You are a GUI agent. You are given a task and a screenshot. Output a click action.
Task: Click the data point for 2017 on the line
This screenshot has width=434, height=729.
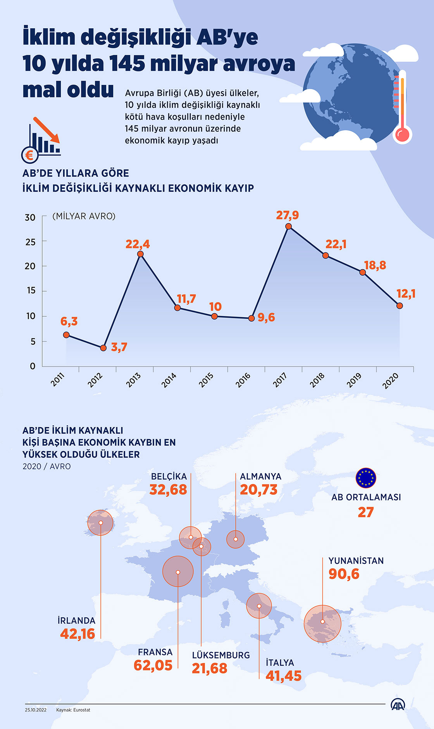tap(288, 226)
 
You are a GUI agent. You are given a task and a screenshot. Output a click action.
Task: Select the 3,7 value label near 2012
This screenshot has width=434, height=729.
tap(119, 347)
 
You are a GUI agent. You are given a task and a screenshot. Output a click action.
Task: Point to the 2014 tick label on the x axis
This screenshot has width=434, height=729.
tap(169, 380)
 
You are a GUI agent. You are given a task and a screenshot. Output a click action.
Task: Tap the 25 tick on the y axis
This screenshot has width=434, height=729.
tap(30, 242)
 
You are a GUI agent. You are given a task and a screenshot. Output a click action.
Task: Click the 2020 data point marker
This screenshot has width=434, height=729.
tap(400, 306)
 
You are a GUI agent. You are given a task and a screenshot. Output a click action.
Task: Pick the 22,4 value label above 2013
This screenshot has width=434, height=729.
tap(138, 244)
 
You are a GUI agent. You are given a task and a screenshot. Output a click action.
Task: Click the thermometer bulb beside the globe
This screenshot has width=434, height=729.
tap(402, 135)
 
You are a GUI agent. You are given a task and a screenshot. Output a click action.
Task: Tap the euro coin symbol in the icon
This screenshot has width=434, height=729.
tap(29, 155)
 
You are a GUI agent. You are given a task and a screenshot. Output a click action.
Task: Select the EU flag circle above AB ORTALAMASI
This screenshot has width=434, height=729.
tap(366, 478)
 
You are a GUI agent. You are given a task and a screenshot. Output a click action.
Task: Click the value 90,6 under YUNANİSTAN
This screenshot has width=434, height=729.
tap(344, 574)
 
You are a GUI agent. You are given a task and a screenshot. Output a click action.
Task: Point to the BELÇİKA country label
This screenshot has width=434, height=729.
tap(169, 477)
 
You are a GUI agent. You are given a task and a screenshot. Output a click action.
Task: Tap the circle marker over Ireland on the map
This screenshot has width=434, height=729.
tap(100, 523)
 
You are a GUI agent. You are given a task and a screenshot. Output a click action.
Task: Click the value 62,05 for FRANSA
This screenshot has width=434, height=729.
tap(153, 665)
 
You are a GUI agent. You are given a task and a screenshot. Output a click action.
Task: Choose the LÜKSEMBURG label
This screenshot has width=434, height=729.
tap(221, 655)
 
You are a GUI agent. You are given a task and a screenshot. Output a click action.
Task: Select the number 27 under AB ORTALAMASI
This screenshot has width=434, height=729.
tap(365, 512)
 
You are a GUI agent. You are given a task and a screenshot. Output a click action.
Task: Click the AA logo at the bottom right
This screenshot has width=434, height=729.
tap(398, 705)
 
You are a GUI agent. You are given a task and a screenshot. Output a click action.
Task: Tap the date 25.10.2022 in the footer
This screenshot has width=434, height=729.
tap(36, 710)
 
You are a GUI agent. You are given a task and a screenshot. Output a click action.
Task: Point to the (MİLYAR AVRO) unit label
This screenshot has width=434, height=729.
tap(84, 216)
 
